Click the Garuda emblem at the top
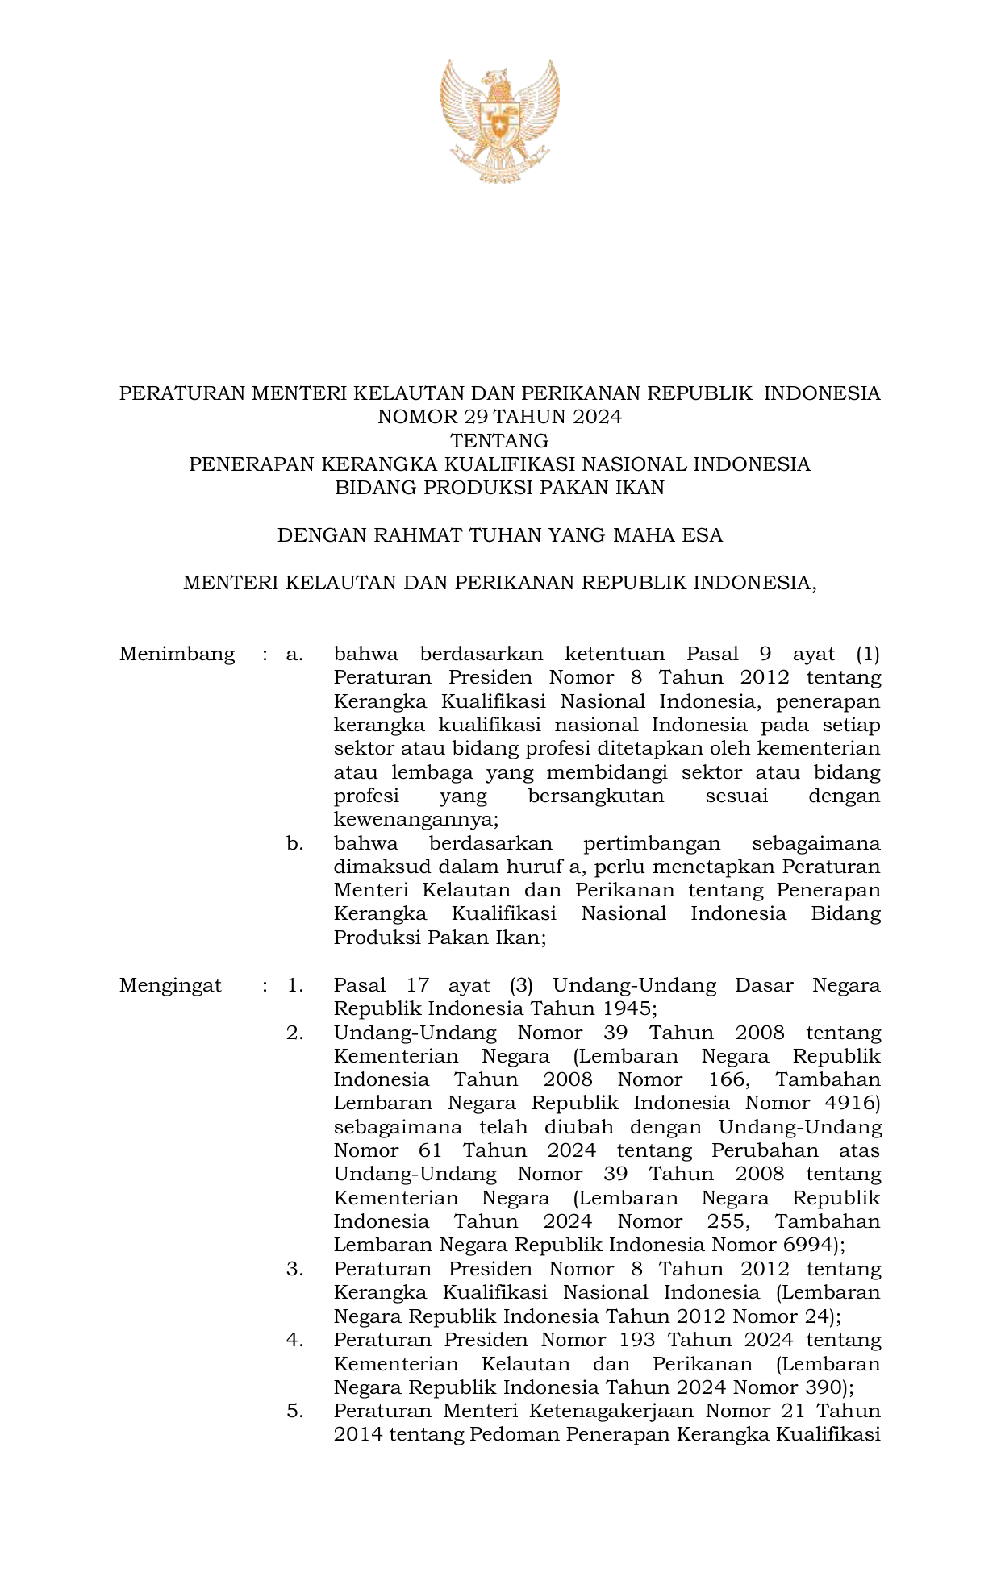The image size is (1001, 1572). point(500,121)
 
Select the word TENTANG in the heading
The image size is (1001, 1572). point(499,441)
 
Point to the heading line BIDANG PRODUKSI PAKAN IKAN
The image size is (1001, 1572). point(499,488)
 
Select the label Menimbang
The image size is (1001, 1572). point(177,654)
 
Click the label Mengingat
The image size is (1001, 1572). point(170,985)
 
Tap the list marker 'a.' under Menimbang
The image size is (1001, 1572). point(294,654)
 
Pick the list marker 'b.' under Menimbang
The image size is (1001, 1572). point(294,843)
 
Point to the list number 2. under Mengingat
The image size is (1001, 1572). point(294,1033)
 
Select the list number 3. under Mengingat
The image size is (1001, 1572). point(294,1269)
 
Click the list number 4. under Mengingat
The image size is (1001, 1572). point(294,1340)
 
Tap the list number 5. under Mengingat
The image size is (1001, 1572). point(294,1411)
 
